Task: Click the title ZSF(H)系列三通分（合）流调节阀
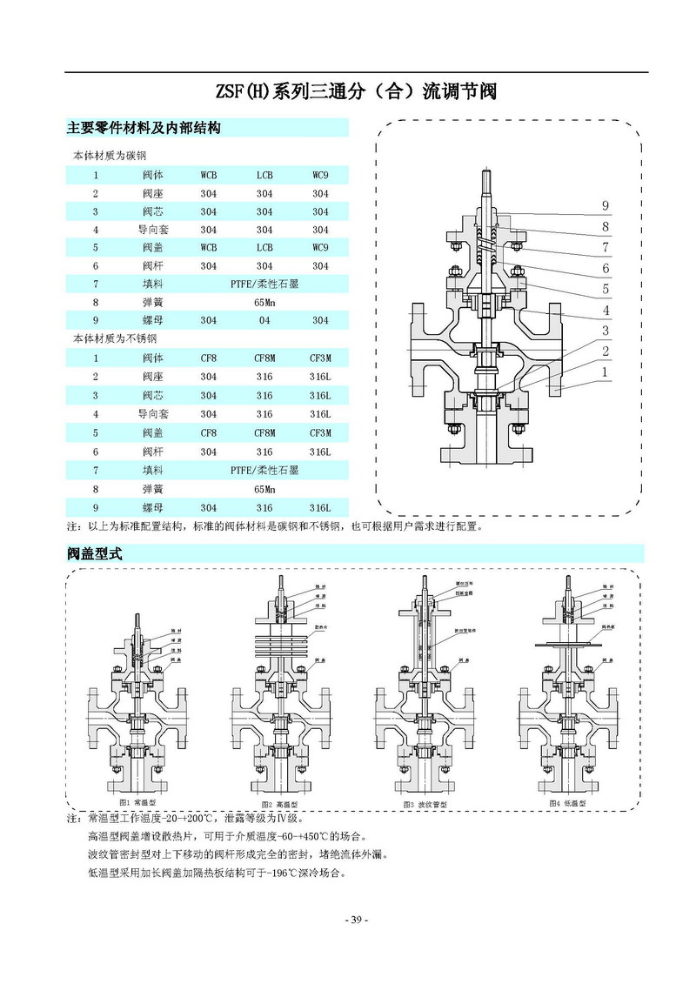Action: pyautogui.click(x=355, y=92)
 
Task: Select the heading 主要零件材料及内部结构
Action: pyautogui.click(x=144, y=128)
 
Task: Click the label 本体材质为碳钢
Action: pyautogui.click(x=109, y=157)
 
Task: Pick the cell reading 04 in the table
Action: pyautogui.click(x=264, y=320)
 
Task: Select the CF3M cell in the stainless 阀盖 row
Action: pyautogui.click(x=320, y=433)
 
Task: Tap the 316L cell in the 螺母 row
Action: pyautogui.click(x=320, y=507)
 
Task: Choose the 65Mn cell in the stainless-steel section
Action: pyautogui.click(x=264, y=489)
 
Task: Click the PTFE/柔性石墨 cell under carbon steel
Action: pyautogui.click(x=264, y=284)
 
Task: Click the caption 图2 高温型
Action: pyautogui.click(x=280, y=805)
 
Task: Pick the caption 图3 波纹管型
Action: pyautogui.click(x=425, y=805)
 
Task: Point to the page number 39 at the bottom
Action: pyautogui.click(x=357, y=920)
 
